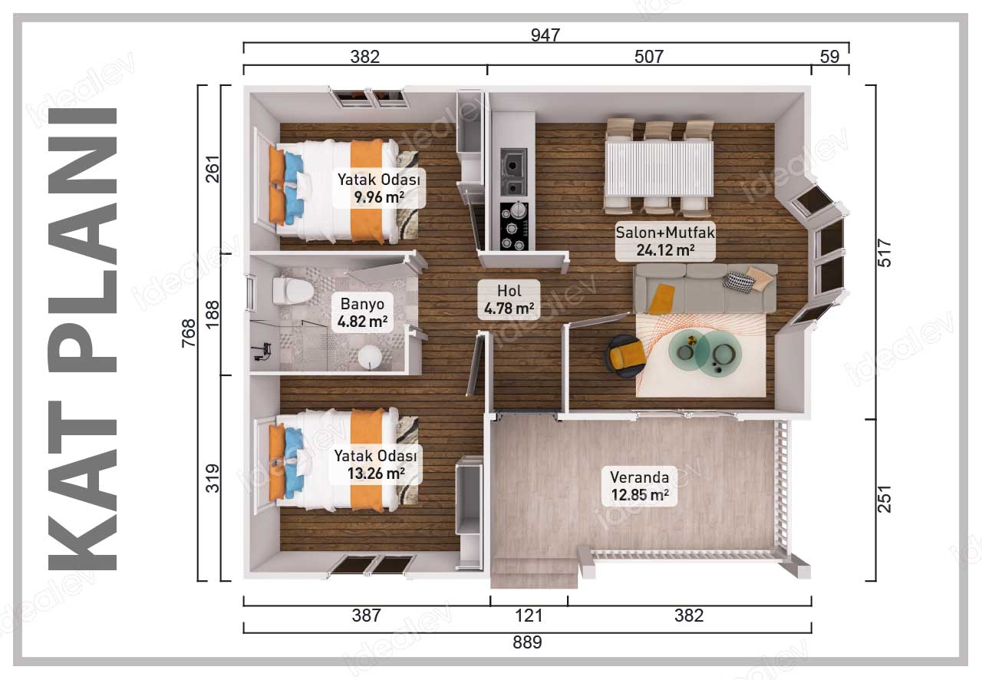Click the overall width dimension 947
pyautogui.click(x=545, y=35)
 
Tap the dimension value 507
pyautogui.click(x=649, y=57)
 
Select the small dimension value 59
pyautogui.click(x=829, y=57)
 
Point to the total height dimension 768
pyautogui.click(x=189, y=333)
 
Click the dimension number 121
pyautogui.click(x=529, y=616)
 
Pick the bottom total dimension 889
pyautogui.click(x=527, y=642)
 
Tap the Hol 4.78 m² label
pyautogui.click(x=509, y=299)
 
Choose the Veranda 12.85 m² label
pyautogui.click(x=640, y=486)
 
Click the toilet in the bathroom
pyautogui.click(x=292, y=290)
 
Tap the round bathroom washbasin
pyautogui.click(x=369, y=358)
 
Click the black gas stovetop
pyautogui.click(x=514, y=226)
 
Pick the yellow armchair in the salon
pyautogui.click(x=625, y=356)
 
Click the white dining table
pyautogui.click(x=659, y=168)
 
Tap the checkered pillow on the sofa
pyautogui.click(x=738, y=281)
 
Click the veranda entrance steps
pyautogui.click(x=534, y=573)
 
